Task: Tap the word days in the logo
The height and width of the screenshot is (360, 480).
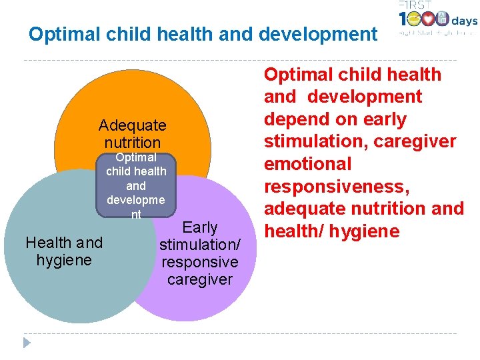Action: pyautogui.click(x=465, y=21)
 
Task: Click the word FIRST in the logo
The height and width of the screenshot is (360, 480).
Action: pyautogui.click(x=415, y=6)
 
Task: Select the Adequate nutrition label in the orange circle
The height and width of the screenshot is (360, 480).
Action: pyautogui.click(x=132, y=134)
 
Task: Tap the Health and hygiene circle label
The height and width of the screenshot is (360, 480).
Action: pyautogui.click(x=64, y=251)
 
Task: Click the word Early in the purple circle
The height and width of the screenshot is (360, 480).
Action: pyautogui.click(x=200, y=228)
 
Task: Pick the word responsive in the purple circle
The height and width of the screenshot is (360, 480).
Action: pyautogui.click(x=200, y=262)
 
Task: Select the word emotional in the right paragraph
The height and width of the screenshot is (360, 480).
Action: pyautogui.click(x=307, y=164)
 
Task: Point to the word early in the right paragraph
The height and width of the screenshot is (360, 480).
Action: pyautogui.click(x=381, y=119)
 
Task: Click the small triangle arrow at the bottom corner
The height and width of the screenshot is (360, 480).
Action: pyautogui.click(x=27, y=342)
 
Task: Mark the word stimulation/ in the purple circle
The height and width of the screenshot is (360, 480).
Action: pyautogui.click(x=200, y=245)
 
